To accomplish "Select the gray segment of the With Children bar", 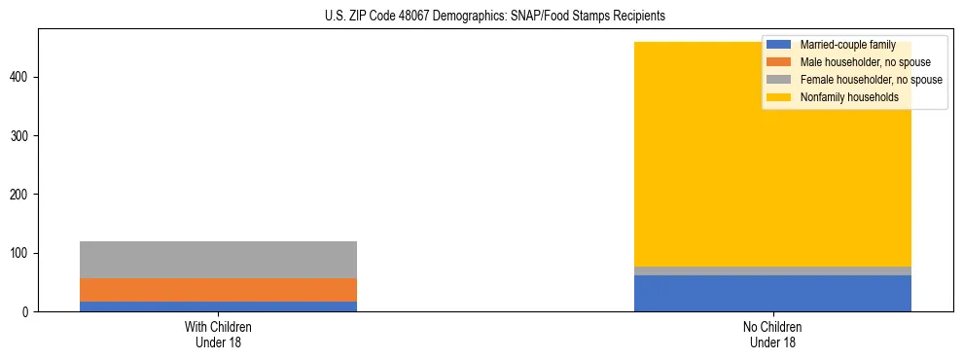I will (x=218, y=260).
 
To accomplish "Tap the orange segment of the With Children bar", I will (x=218, y=290).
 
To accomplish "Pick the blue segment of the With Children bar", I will (x=218, y=306).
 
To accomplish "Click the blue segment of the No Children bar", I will (x=772, y=293).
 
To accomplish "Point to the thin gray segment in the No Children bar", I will (x=772, y=270).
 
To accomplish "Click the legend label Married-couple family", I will (x=847, y=45).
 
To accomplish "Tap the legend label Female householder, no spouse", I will (x=871, y=80).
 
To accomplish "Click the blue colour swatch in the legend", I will (x=779, y=45).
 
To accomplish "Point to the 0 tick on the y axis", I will (x=27, y=312).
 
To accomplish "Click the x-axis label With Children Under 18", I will (x=218, y=334).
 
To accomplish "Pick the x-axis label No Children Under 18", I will (x=772, y=334).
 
